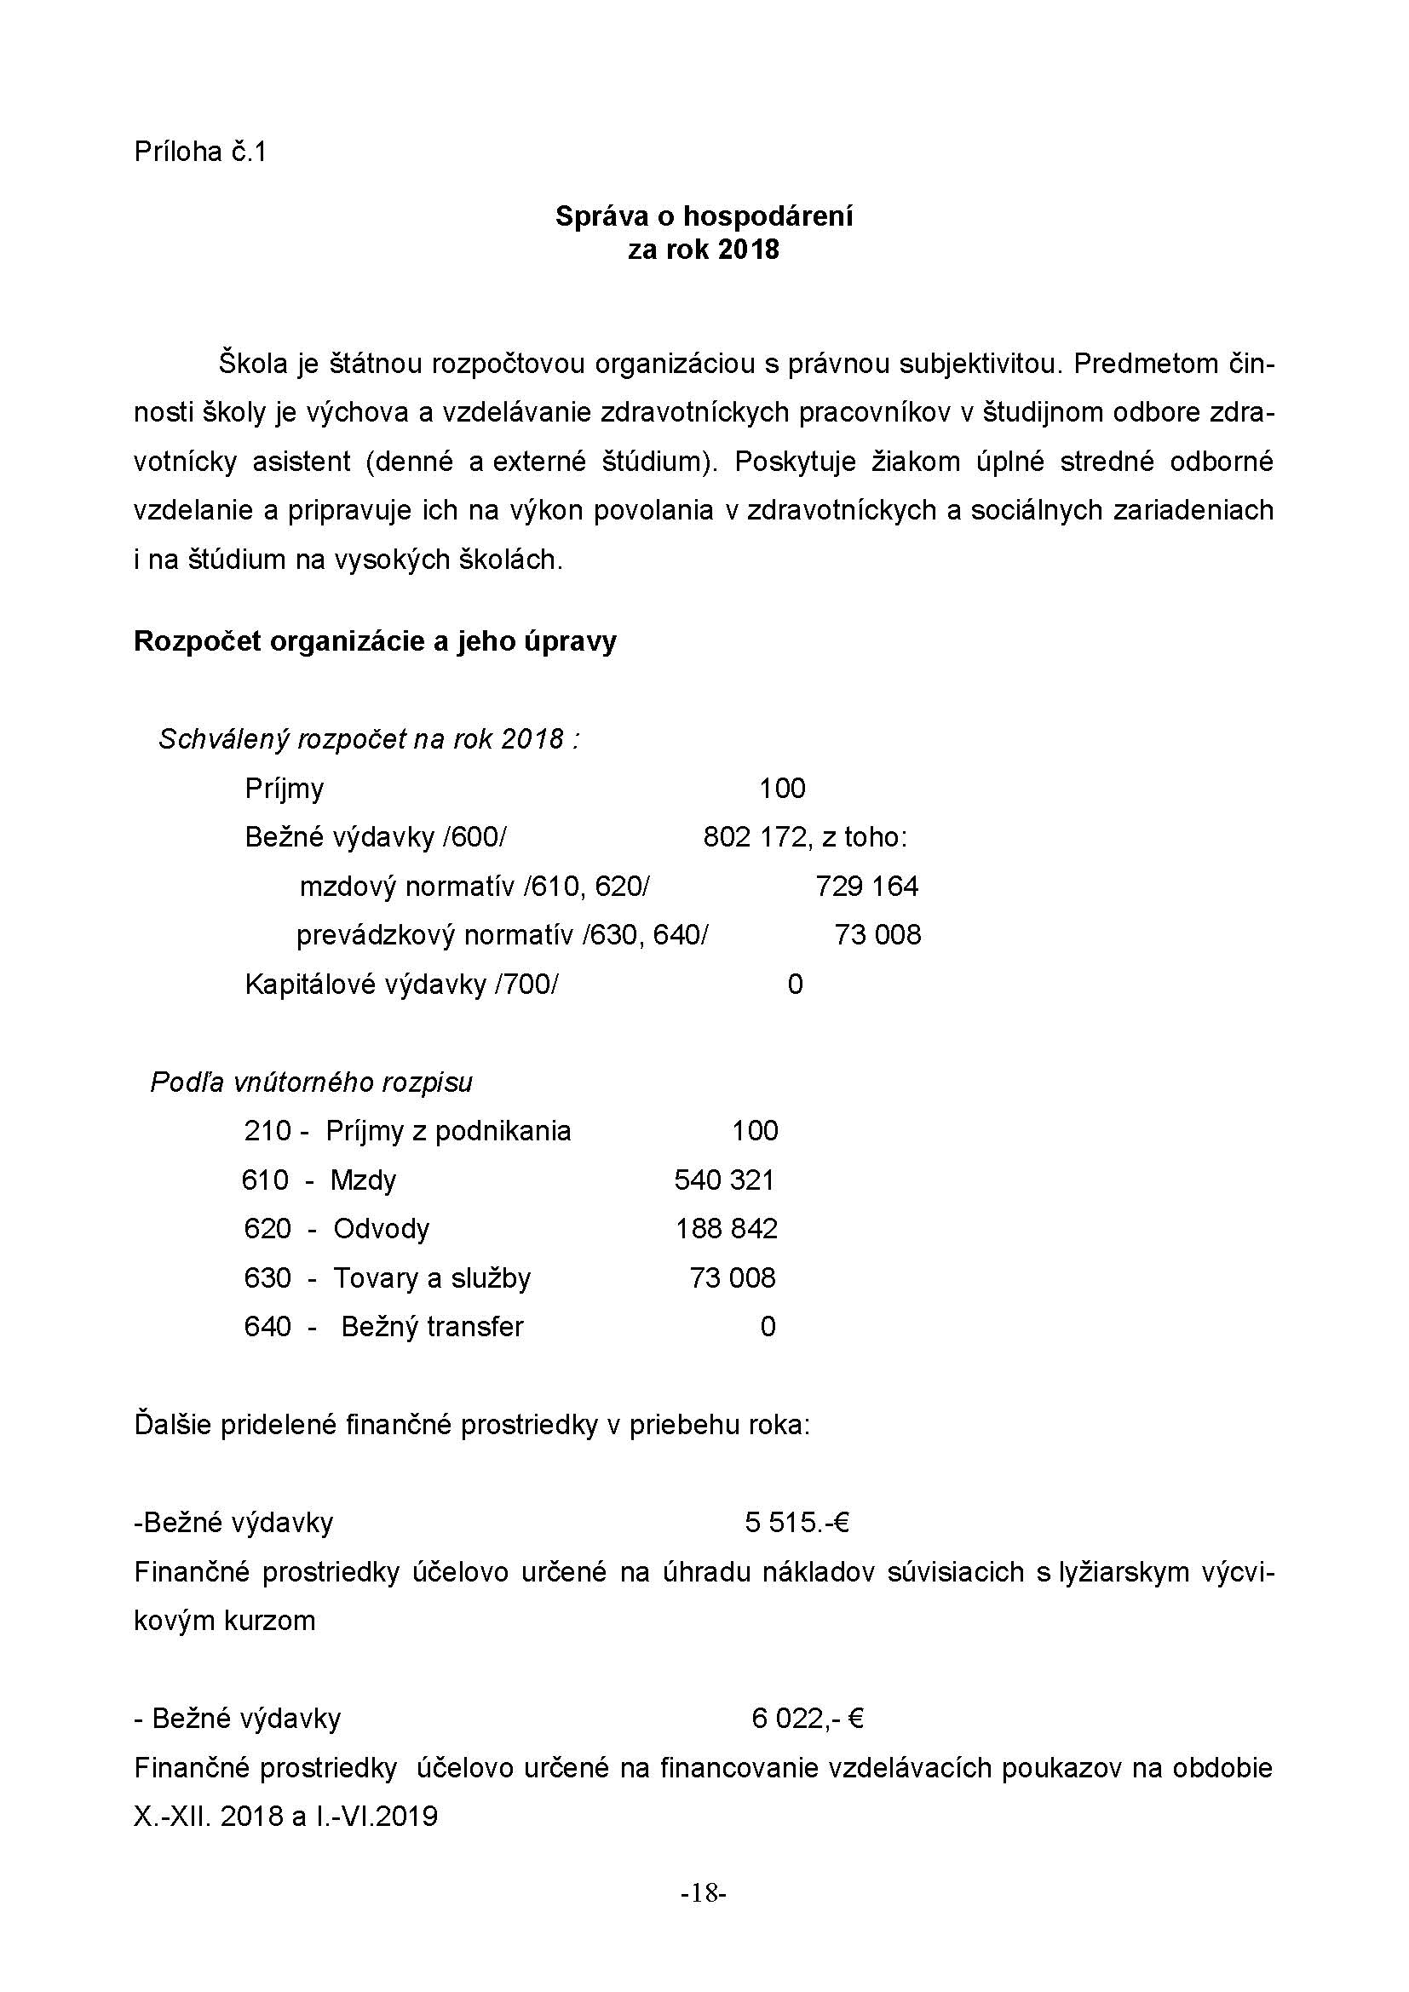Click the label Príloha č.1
(x=199, y=152)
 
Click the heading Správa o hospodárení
(x=704, y=216)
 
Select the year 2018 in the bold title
(x=749, y=250)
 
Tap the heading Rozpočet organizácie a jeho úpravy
(x=375, y=641)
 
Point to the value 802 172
(x=754, y=837)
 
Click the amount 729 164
(x=866, y=886)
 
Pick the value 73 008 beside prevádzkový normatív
(x=877, y=935)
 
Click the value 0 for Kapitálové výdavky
(x=795, y=984)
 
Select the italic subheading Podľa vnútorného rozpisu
(x=312, y=1082)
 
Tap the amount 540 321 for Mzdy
(x=724, y=1180)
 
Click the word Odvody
(x=381, y=1229)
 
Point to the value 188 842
(x=726, y=1229)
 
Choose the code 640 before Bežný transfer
(x=267, y=1327)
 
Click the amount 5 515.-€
(x=796, y=1522)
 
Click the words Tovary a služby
(x=431, y=1278)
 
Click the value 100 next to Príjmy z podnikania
(x=755, y=1130)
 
